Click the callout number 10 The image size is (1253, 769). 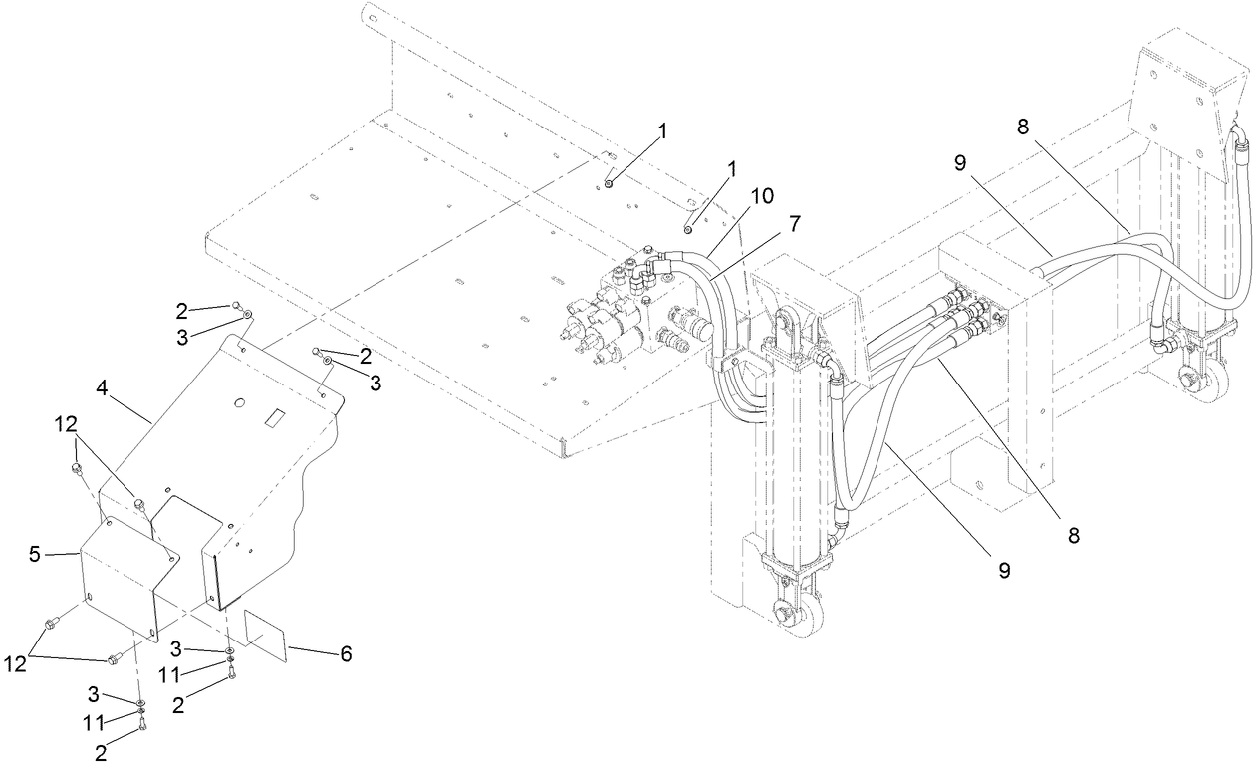click(762, 196)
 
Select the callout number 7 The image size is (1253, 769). click(793, 224)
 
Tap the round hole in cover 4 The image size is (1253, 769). click(238, 402)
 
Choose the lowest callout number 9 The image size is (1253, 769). click(1004, 570)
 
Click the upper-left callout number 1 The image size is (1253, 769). click(663, 130)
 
